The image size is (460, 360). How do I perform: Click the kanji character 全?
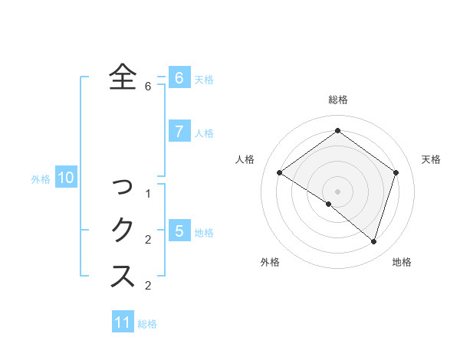[123, 77]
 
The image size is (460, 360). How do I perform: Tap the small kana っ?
[123, 186]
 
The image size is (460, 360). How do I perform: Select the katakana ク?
[123, 229]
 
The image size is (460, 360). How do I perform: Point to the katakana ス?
[123, 275]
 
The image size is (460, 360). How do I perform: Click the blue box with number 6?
[179, 77]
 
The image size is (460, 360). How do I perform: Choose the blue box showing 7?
[179, 131]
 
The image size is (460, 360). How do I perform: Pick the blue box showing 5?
[179, 231]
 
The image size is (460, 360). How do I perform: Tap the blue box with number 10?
[66, 178]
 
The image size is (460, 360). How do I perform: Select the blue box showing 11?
[123, 322]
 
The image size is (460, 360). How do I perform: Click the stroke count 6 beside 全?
[148, 87]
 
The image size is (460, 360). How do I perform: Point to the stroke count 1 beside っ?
[148, 194]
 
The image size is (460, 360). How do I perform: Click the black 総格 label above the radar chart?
[337, 100]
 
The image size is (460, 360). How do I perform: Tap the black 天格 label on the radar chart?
[431, 159]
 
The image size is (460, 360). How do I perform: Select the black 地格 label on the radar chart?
[402, 262]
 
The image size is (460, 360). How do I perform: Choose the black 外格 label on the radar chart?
[270, 262]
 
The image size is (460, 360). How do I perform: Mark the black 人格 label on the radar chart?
[245, 159]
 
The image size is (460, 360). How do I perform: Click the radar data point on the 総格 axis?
[337, 130]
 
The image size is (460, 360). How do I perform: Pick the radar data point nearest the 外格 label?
[328, 204]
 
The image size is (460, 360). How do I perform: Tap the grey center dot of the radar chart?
[337, 191]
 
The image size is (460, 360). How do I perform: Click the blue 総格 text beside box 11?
[147, 324]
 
